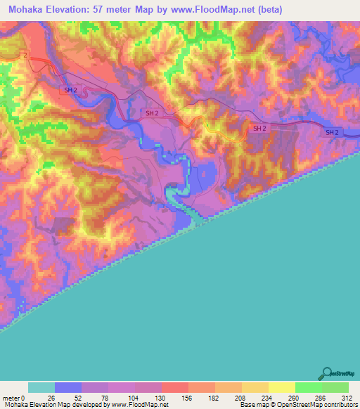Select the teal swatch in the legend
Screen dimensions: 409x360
pos(41,387)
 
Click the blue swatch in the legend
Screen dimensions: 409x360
pos(68,387)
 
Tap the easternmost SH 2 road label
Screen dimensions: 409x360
pos(332,132)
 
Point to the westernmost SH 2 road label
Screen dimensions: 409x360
pos(70,90)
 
